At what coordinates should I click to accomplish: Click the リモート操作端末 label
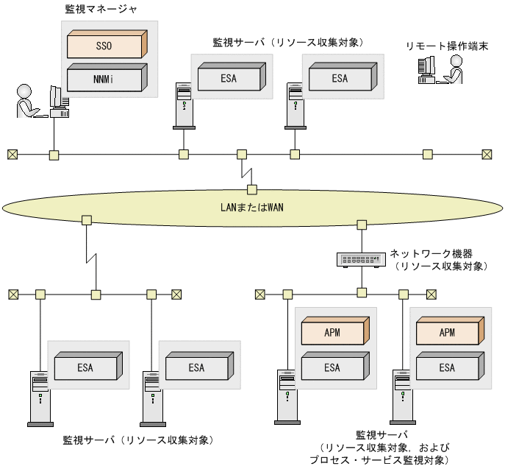(448, 46)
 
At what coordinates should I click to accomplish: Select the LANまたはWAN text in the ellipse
(252, 207)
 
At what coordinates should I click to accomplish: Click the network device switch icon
(361, 259)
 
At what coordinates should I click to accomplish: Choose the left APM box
(333, 333)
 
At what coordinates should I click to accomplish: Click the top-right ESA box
(340, 78)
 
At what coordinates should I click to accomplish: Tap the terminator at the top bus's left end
(12, 155)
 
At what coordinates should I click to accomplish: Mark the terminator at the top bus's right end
(487, 155)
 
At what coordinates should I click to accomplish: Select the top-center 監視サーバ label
(287, 42)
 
